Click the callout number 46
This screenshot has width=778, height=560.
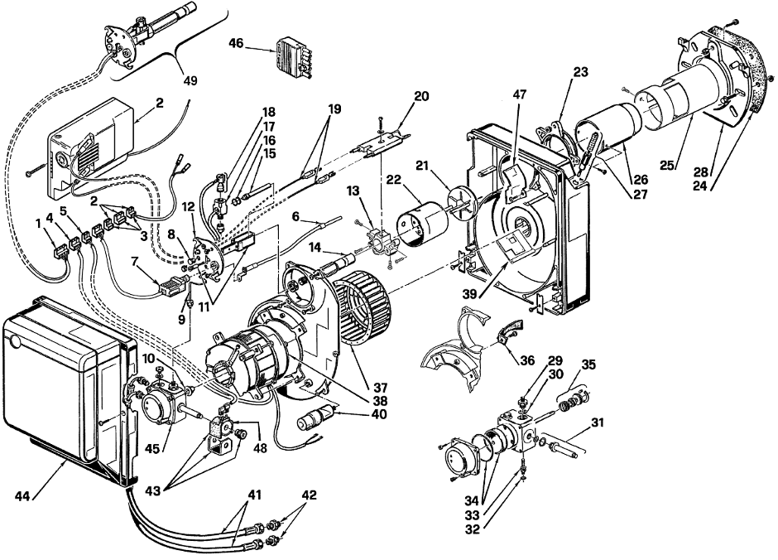tap(236, 44)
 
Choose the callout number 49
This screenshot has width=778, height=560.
tap(190, 80)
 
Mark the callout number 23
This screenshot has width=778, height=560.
tap(580, 72)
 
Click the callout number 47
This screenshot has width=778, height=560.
tap(520, 94)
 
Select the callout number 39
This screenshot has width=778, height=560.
tap(469, 294)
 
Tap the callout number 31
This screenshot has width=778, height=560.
tap(598, 423)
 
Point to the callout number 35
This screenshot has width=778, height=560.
tap(588, 364)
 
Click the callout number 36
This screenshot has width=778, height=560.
tap(527, 360)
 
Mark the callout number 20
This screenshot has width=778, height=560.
tap(421, 96)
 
